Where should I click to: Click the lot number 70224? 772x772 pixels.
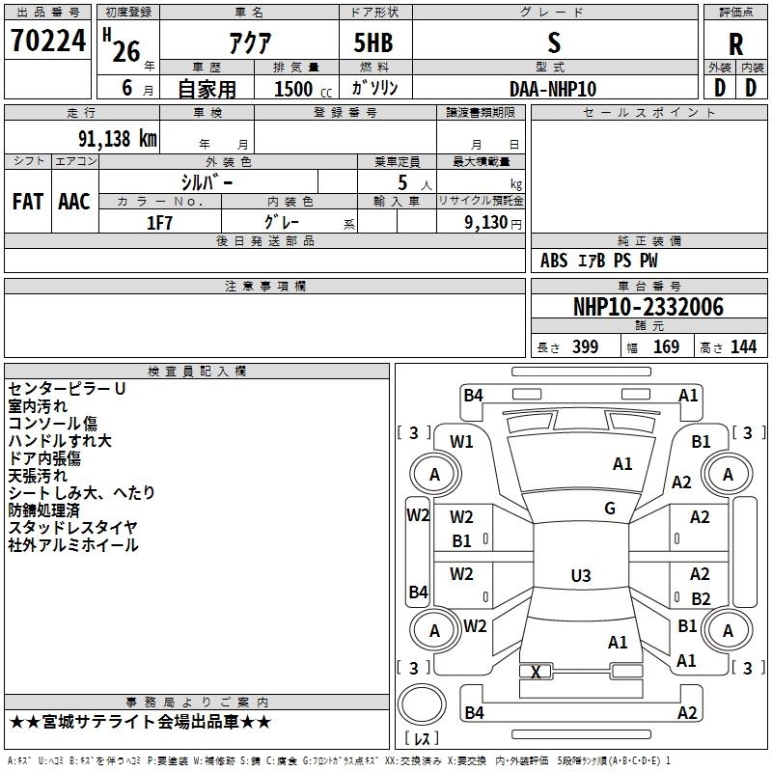coord(47,41)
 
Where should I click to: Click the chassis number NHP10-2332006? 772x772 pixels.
coord(648,308)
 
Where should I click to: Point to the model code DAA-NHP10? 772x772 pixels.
coord(553,88)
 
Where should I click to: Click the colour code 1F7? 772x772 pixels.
coord(159,222)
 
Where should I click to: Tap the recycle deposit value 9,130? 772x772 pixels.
coord(482,222)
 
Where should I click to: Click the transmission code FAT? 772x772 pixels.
coord(27,202)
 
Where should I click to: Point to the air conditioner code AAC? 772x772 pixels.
coord(73,202)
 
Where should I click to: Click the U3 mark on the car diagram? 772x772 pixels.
coord(580,576)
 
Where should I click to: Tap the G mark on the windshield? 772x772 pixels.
coord(610,509)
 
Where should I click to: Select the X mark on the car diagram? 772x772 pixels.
coord(537,672)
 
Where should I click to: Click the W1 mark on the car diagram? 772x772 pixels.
coord(462,442)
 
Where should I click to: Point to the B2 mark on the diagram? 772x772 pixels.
coord(701,599)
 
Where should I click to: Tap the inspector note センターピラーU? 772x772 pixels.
coord(68,389)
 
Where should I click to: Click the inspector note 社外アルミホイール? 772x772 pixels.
coord(73,545)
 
